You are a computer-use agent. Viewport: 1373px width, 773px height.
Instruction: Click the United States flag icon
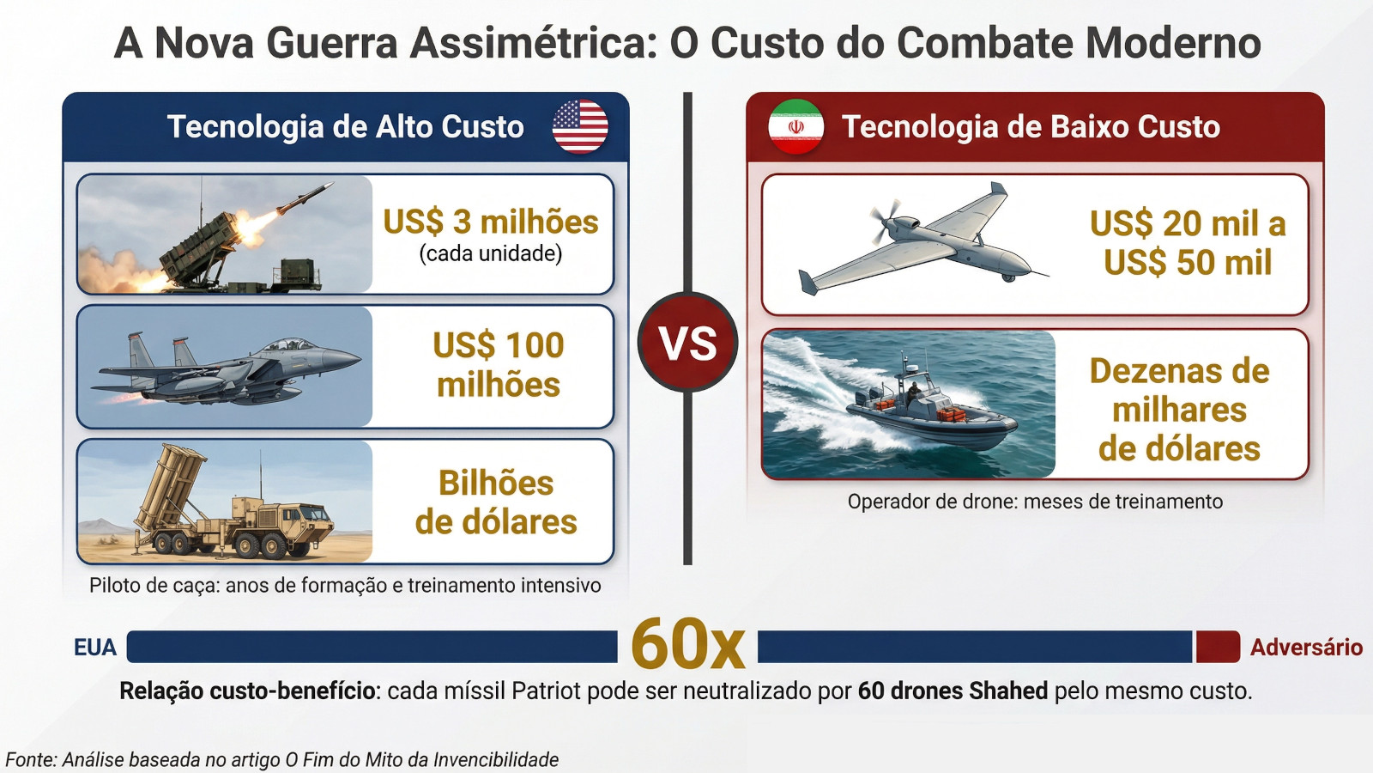click(x=580, y=126)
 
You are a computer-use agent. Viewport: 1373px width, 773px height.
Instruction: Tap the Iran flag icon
click(x=796, y=126)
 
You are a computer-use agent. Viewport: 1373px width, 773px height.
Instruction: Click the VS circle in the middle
click(x=687, y=343)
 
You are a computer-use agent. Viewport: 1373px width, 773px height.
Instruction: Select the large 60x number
click(x=687, y=644)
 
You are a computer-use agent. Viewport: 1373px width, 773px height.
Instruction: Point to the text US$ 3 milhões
click(x=490, y=222)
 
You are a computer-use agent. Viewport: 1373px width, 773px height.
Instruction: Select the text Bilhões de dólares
click(x=496, y=502)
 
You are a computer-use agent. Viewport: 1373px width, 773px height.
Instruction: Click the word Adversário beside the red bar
click(x=1306, y=648)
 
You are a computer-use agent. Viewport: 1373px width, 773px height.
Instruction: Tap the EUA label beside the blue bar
click(x=95, y=648)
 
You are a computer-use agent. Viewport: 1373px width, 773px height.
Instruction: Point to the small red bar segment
click(x=1218, y=647)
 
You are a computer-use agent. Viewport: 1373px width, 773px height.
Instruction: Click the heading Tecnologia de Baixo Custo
click(x=1031, y=126)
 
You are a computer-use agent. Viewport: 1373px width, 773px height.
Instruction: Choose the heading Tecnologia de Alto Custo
click(x=346, y=126)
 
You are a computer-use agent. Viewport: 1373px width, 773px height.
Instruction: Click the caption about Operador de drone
click(x=1035, y=502)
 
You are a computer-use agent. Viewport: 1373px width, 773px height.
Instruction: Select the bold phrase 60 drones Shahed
click(x=953, y=691)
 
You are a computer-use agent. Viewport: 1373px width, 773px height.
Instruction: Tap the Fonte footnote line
click(x=282, y=759)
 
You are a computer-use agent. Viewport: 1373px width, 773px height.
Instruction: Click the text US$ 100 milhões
click(x=499, y=364)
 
